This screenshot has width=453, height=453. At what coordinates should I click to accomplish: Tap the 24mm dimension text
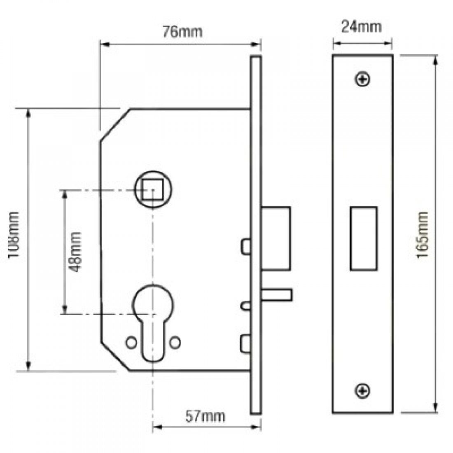pos(362,27)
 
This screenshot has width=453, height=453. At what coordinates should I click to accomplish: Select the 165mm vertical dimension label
pos(423,235)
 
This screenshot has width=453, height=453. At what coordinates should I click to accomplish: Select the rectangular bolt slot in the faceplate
pos(363,238)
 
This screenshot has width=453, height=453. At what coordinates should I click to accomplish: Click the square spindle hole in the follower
pos(152,190)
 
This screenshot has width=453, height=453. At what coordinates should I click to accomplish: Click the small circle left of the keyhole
pos(131,341)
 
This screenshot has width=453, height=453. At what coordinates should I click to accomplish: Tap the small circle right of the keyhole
pos(177,341)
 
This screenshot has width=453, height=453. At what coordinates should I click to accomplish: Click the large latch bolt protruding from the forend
pos(276,238)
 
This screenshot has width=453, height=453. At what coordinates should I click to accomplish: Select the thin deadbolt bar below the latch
pos(277,295)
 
